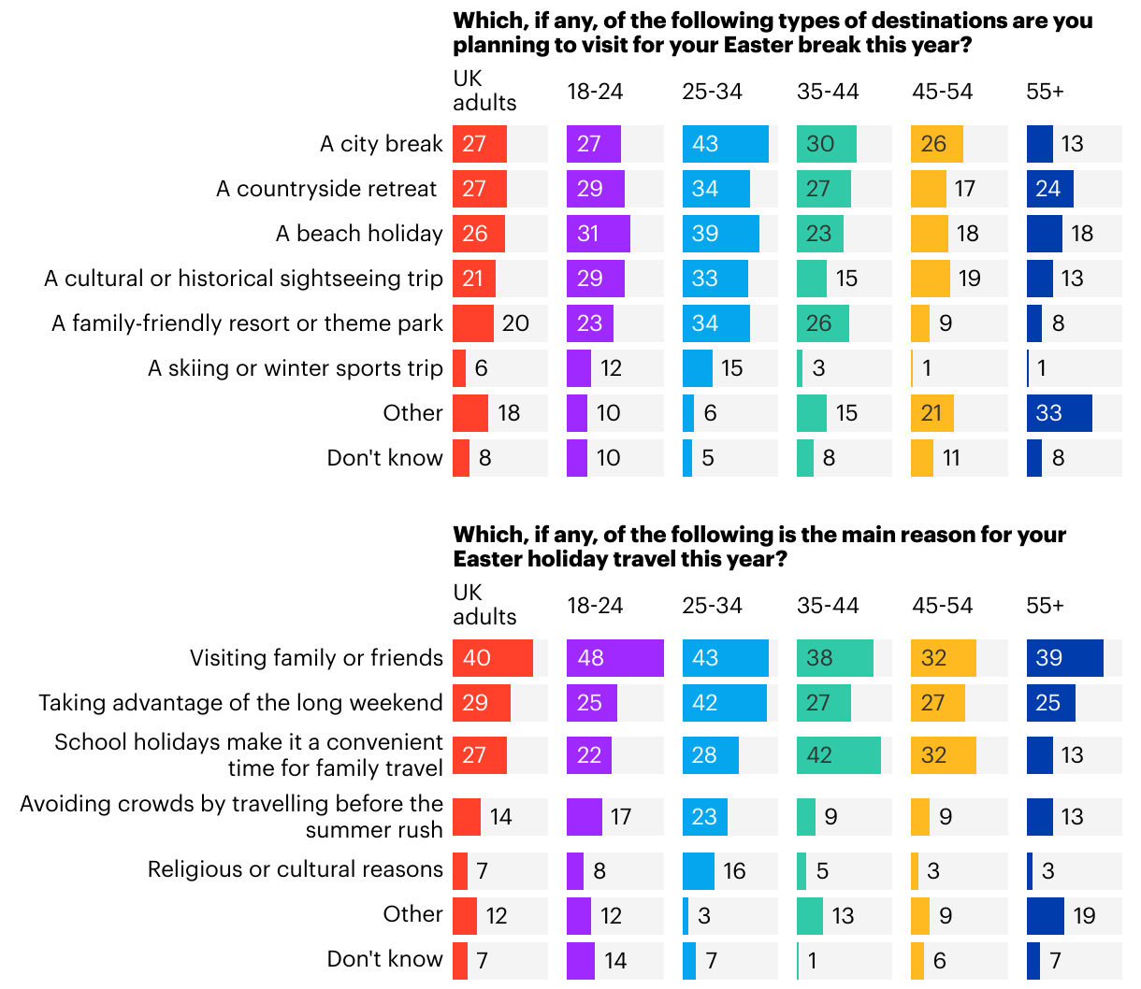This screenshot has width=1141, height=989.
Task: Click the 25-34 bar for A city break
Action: click(x=725, y=144)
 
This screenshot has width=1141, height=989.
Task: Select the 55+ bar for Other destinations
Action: click(x=1059, y=413)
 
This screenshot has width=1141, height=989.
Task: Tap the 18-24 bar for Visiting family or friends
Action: click(x=614, y=658)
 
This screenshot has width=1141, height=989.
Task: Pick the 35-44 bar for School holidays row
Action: click(x=838, y=755)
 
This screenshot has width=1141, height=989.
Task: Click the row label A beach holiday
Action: click(x=359, y=234)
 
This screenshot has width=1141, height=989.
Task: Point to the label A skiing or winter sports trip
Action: click(x=295, y=368)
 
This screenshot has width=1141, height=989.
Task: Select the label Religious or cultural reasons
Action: click(x=295, y=869)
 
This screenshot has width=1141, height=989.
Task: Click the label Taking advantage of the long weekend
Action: click(x=240, y=703)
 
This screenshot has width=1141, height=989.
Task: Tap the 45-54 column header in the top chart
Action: click(x=942, y=92)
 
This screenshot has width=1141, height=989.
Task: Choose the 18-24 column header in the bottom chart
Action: click(x=595, y=606)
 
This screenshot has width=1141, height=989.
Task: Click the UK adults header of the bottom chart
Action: click(x=484, y=605)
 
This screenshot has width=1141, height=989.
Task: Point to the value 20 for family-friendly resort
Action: click(x=515, y=323)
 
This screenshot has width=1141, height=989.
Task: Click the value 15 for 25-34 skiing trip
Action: click(x=731, y=368)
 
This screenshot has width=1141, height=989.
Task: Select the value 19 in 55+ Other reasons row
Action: click(x=1084, y=916)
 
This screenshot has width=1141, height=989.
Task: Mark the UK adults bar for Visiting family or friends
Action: click(x=492, y=658)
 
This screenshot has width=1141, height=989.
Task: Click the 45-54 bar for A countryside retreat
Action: click(x=930, y=189)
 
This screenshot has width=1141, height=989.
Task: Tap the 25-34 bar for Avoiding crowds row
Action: click(x=704, y=817)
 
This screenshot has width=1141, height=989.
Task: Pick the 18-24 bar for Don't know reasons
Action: click(x=580, y=961)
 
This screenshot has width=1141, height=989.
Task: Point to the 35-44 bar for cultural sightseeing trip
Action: click(x=811, y=279)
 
